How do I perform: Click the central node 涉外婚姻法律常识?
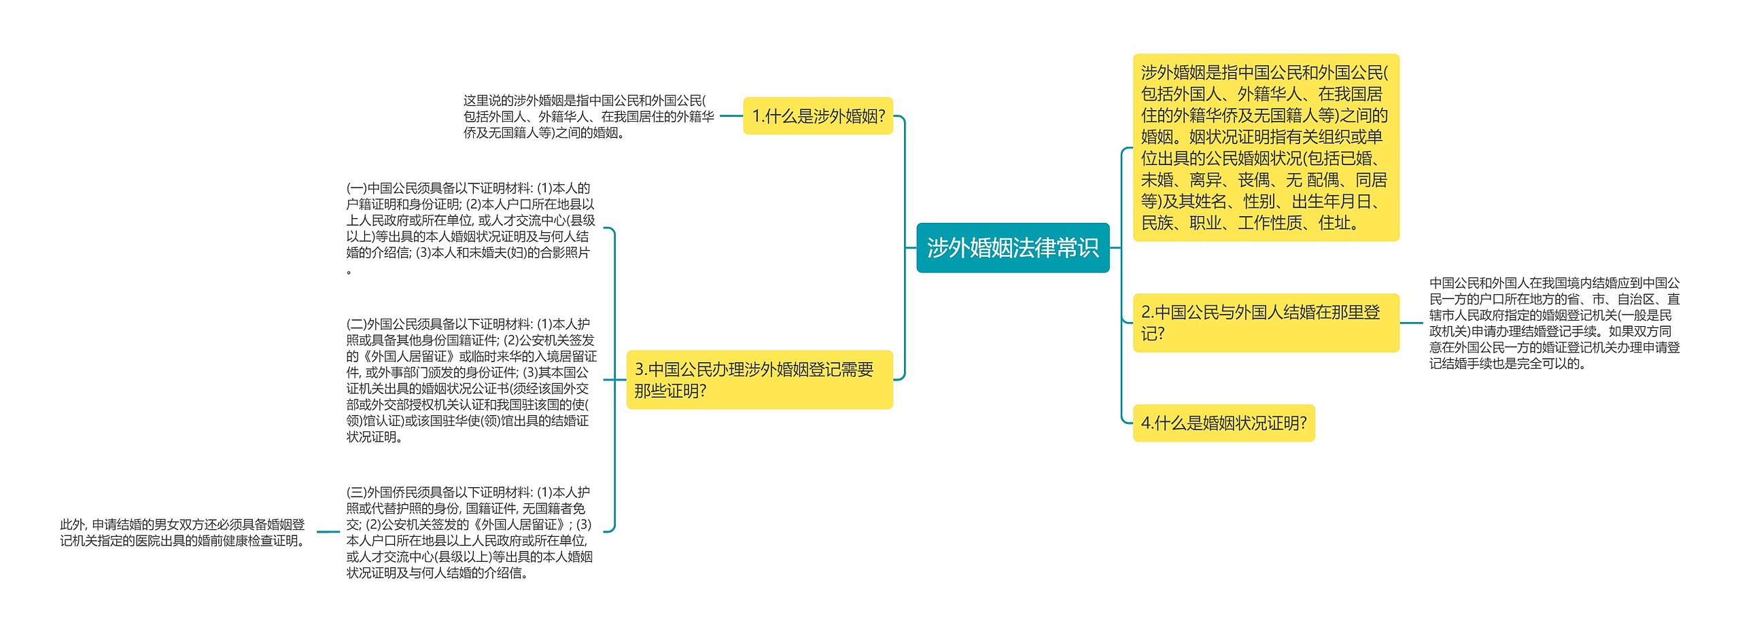1012,248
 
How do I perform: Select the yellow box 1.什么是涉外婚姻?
818,116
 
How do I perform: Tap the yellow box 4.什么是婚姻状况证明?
1223,423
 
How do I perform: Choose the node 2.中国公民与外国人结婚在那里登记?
1265,323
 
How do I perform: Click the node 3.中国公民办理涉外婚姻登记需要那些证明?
759,380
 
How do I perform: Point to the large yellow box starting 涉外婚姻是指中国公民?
1265,147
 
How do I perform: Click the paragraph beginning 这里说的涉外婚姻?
588,117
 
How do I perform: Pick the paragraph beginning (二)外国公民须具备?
470,380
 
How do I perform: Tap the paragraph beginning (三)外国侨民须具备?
469,532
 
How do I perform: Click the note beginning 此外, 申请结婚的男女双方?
182,533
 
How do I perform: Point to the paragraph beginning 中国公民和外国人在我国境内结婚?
1554,323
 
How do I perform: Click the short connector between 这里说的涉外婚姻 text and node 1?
731,116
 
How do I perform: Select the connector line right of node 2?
1412,323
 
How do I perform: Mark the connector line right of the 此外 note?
328,532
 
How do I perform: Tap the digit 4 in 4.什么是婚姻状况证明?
1145,423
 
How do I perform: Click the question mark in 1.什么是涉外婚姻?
882,116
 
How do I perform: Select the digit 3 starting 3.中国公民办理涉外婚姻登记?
639,370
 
